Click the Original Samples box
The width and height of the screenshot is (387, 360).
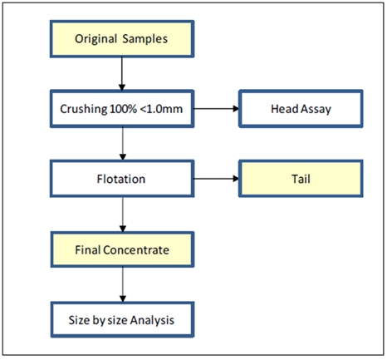pos(122,39)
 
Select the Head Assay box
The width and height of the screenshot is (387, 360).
pos(301,109)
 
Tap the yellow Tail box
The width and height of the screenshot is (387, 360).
pos(301,179)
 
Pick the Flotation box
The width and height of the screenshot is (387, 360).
pos(122,179)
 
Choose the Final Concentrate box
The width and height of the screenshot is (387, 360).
pos(122,249)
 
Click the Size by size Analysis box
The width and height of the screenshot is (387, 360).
pos(122,320)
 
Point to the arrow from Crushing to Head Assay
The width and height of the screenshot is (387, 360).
pos(216,109)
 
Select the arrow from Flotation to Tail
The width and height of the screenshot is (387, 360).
pos(216,179)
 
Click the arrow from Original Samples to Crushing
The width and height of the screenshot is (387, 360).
pos(122,74)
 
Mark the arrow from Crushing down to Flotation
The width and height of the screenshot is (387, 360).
pos(123,144)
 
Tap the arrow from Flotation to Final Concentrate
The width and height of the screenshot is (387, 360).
pos(123,215)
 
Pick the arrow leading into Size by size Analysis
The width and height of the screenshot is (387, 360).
pos(123,284)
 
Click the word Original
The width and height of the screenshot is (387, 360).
pos(96,39)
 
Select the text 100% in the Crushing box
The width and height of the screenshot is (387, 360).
pos(123,109)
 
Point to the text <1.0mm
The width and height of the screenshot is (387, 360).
pos(161,109)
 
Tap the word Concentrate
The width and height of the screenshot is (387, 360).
pos(136,250)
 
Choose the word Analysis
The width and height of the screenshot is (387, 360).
pos(152,320)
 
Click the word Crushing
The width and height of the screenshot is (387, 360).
pos(84,110)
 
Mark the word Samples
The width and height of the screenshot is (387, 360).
pos(145,39)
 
